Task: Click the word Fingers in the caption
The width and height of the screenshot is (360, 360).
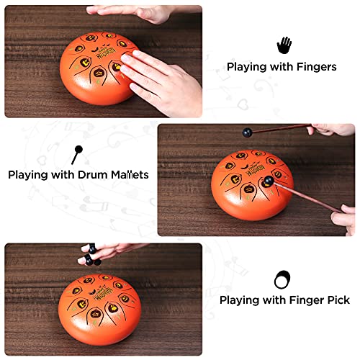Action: click(x=315, y=67)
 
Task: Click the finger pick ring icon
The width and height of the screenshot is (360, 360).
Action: click(x=282, y=279)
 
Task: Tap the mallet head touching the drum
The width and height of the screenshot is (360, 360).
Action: click(x=268, y=181)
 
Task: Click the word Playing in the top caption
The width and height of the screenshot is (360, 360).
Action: click(x=248, y=67)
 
